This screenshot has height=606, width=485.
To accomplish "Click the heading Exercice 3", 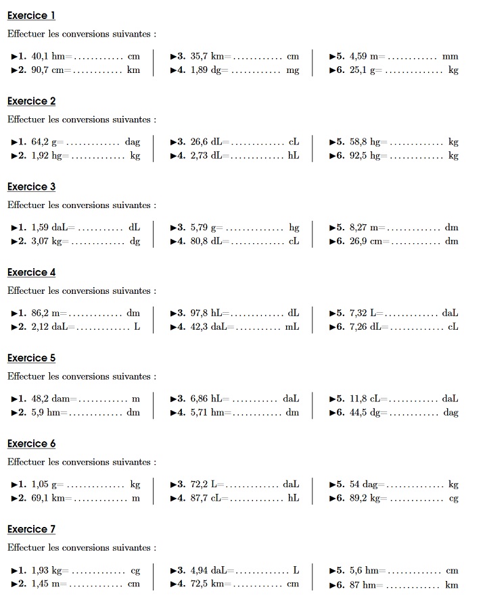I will pyautogui.click(x=31, y=186).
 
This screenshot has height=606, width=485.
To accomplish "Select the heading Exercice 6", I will pyautogui.click(x=31, y=443).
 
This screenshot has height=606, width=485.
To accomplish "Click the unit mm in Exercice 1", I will pyautogui.click(x=450, y=57).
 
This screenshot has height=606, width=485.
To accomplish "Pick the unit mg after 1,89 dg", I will pyautogui.click(x=292, y=70).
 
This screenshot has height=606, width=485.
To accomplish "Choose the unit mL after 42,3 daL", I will pyautogui.click(x=292, y=327).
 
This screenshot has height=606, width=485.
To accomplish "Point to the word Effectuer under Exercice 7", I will pyautogui.click(x=26, y=547).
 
